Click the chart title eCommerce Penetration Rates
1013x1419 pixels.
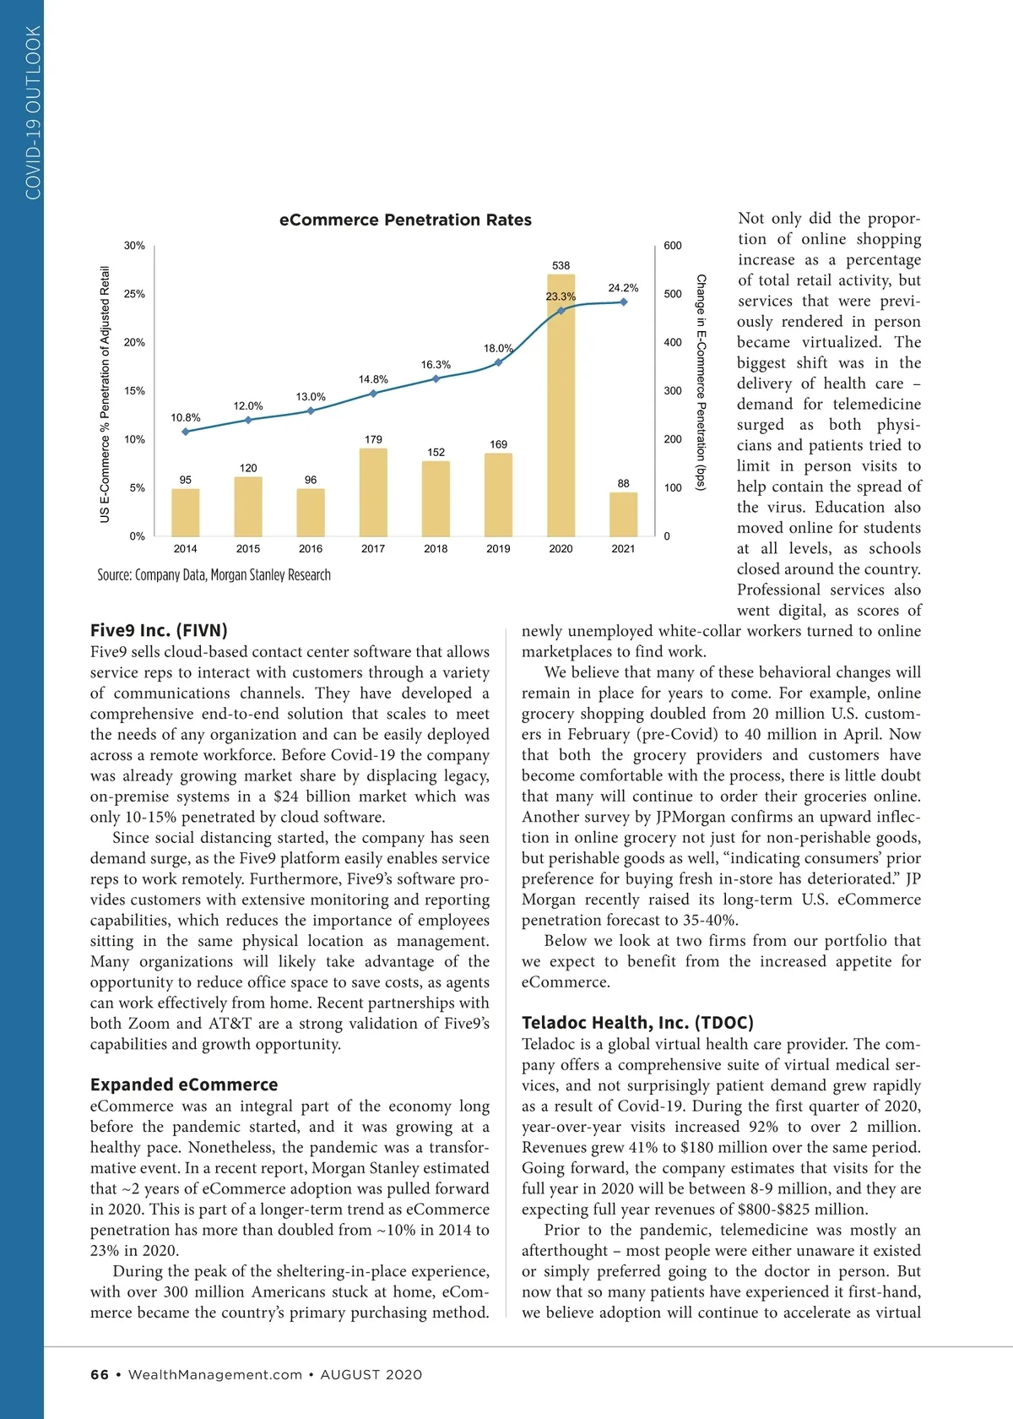405,220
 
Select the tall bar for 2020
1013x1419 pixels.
561,405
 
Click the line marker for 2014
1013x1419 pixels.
186,432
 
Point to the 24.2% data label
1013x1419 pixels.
623,288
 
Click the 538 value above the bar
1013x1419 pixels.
561,265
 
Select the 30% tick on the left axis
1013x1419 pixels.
134,246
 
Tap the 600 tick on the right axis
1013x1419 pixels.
673,246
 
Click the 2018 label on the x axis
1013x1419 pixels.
436,549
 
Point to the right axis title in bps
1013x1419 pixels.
701,382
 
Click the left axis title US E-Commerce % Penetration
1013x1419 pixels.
105,394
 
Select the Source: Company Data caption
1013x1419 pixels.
214,575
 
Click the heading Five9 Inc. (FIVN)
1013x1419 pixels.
159,630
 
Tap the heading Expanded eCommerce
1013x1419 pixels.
184,1085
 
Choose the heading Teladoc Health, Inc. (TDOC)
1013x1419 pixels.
637,1023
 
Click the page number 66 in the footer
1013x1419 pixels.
100,1374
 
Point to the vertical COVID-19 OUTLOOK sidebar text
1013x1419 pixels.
33,112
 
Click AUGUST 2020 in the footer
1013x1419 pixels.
371,1374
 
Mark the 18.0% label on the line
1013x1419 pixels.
498,348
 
